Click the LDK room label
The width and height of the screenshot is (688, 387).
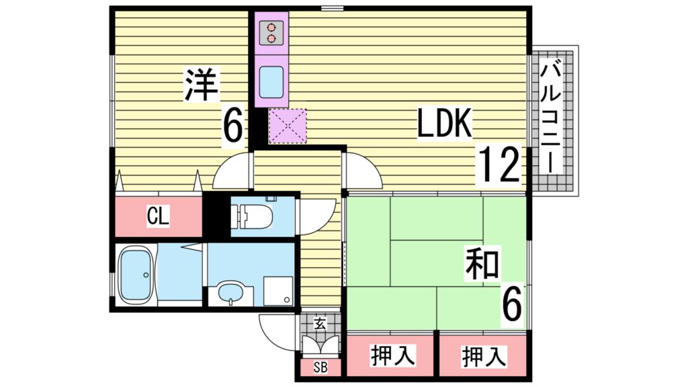click(445, 123)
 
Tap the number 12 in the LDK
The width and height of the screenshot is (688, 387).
click(499, 166)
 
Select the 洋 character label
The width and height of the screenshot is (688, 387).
click(200, 86)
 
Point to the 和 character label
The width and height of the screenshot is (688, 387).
click(481, 264)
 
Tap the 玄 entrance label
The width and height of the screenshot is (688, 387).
click(320, 324)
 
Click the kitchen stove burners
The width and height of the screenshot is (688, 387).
click(271, 33)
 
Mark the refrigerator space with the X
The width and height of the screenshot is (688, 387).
click(288, 126)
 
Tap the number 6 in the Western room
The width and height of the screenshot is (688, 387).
click(232, 126)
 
